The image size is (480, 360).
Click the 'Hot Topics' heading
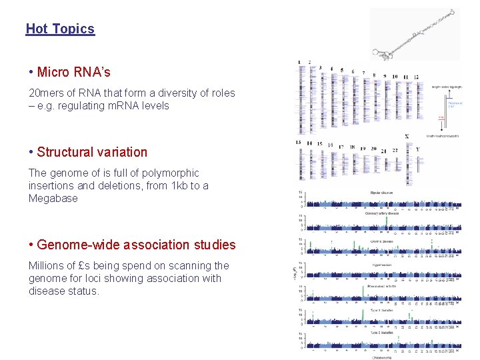[60, 29]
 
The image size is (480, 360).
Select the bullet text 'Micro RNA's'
[73, 72]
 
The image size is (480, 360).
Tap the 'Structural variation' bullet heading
[92, 152]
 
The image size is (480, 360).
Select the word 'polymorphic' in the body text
[171, 173]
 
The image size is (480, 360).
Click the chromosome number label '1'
[299, 62]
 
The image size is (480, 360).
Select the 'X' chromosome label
[406, 137]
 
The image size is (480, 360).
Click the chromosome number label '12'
[415, 77]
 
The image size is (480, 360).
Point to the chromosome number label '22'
[395, 150]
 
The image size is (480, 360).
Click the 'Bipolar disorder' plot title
[381, 193]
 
